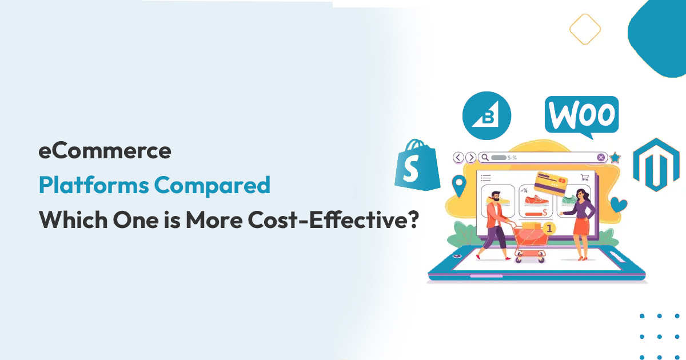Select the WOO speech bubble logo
(581, 116)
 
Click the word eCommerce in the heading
(105, 151)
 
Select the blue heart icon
(618, 204)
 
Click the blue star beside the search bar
(615, 158)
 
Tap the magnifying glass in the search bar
(484, 157)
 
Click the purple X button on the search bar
(601, 157)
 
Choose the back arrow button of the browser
(458, 157)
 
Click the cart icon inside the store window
(584, 178)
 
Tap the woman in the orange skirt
(583, 223)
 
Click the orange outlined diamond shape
(585, 28)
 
